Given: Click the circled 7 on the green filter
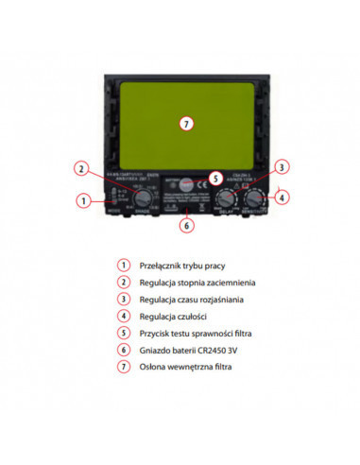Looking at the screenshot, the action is (185, 124).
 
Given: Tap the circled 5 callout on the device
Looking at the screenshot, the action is (214, 177).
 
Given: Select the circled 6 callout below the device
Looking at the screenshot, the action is (186, 225).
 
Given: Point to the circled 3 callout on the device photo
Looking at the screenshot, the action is (281, 167).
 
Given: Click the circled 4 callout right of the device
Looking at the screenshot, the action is (283, 198).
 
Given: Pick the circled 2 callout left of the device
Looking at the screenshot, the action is (82, 169).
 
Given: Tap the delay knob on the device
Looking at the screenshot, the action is (227, 198).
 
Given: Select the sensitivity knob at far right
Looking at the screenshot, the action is (258, 198).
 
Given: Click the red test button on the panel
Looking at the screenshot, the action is (189, 185).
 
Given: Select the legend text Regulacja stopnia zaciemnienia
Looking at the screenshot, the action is (197, 282).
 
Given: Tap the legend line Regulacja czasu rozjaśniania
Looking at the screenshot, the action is (192, 299).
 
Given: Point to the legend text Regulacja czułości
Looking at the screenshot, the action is (169, 315).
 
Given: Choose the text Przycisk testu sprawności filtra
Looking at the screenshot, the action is (195, 332).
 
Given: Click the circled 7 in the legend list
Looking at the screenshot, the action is (122, 366).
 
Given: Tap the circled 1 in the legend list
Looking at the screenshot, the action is (122, 266).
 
